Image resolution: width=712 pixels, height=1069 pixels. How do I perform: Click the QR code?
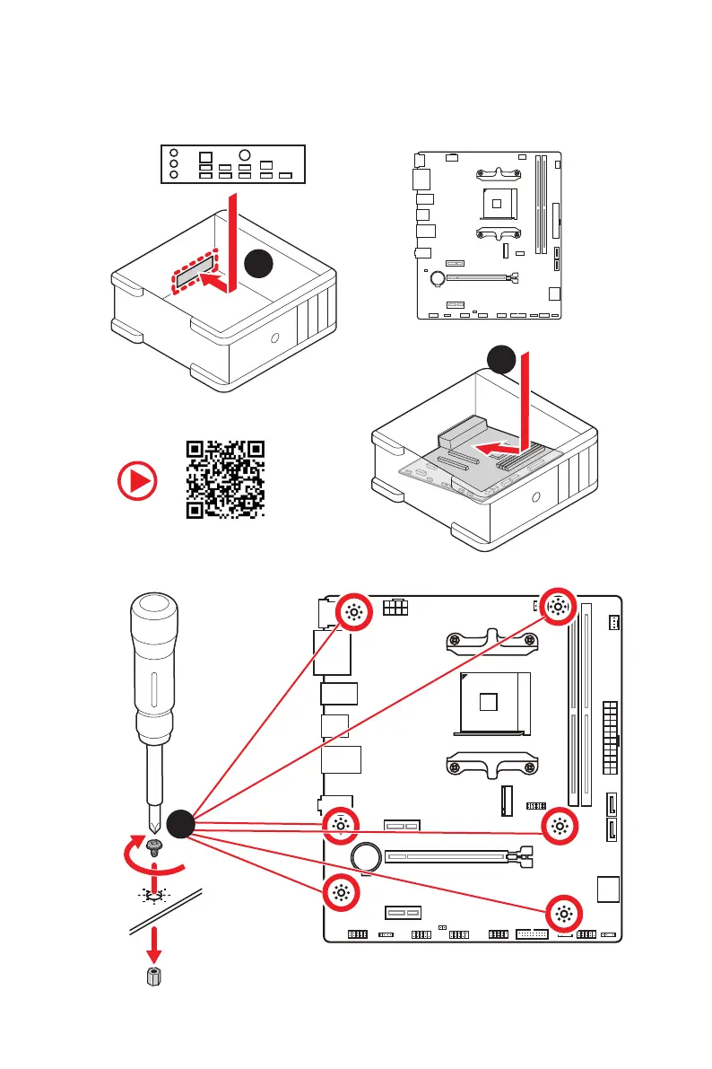point(225,479)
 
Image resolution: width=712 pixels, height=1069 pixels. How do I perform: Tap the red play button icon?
point(135,482)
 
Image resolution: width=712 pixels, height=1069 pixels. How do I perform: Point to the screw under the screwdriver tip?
point(153,846)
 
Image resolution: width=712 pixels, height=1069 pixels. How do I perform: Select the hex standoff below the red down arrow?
point(154,977)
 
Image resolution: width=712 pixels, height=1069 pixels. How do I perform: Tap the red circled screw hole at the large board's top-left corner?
point(352,612)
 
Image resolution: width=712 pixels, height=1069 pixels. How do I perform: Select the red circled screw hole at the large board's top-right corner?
point(557,608)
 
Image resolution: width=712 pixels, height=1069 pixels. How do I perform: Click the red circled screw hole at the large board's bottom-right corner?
point(563,914)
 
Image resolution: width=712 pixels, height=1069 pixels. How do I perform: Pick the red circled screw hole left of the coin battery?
point(341,825)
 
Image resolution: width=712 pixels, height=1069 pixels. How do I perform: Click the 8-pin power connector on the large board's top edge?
point(395,608)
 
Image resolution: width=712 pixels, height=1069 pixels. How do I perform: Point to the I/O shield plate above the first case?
point(231,163)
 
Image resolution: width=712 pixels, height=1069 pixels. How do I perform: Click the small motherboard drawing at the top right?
point(489,236)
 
